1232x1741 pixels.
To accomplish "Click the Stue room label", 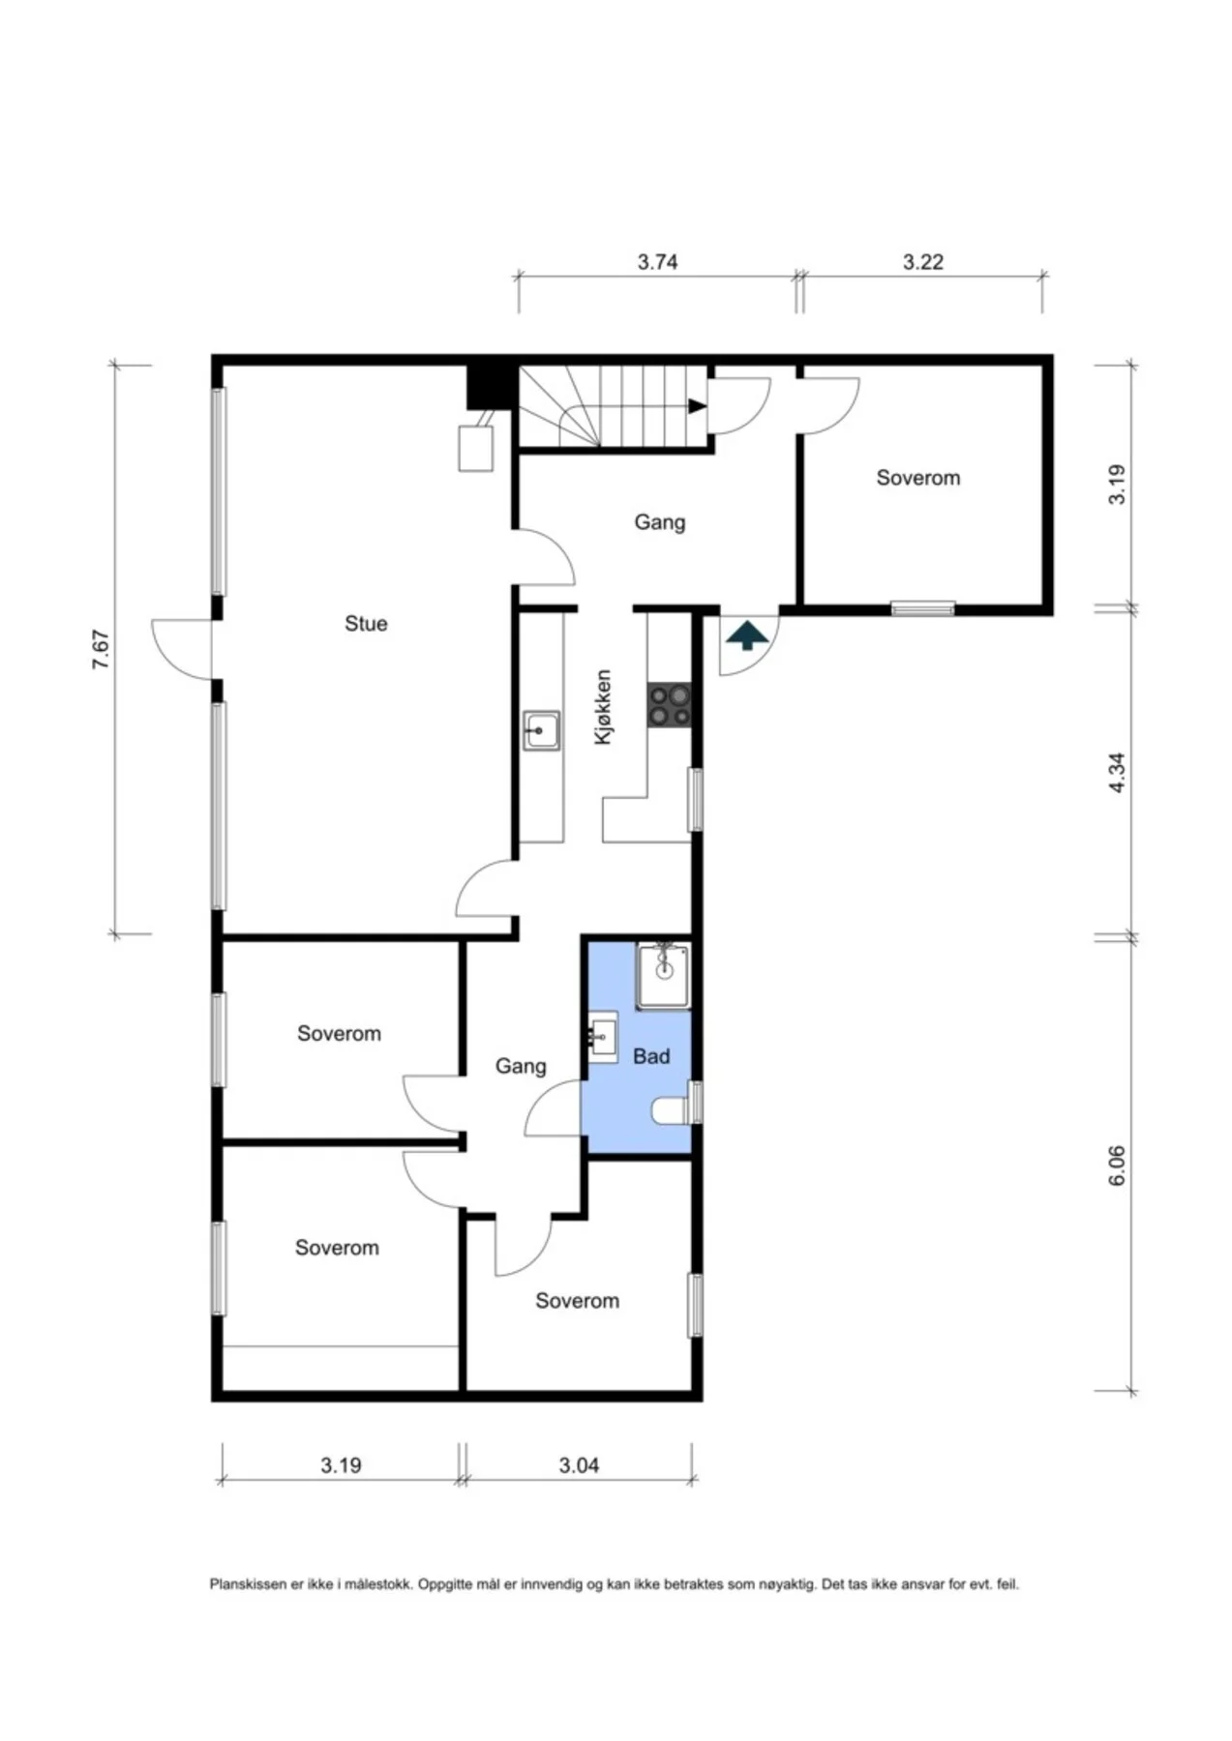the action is click(x=366, y=624).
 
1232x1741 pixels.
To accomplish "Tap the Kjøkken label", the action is click(x=603, y=707).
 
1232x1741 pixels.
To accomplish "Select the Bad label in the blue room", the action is click(x=651, y=1056).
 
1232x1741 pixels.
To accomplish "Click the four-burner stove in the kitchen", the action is click(x=670, y=705).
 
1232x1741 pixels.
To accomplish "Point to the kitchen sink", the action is click(x=541, y=731).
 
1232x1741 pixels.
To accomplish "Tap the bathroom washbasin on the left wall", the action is click(x=602, y=1038).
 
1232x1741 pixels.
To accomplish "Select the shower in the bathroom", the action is click(x=664, y=975).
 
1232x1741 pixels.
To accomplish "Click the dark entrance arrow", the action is click(x=747, y=636).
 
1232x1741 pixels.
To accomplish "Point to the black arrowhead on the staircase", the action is click(x=697, y=406).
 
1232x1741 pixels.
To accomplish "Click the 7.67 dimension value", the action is click(x=101, y=649).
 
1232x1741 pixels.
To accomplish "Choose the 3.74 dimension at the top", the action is click(x=657, y=262).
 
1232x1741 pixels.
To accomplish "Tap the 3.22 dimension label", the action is click(x=923, y=262).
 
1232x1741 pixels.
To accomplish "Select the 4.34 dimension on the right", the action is click(x=1117, y=774).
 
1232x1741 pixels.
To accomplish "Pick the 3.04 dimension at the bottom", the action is click(x=579, y=1465).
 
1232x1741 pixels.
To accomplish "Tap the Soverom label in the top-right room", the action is click(x=918, y=478).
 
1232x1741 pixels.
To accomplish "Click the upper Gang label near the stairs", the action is click(x=660, y=522).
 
